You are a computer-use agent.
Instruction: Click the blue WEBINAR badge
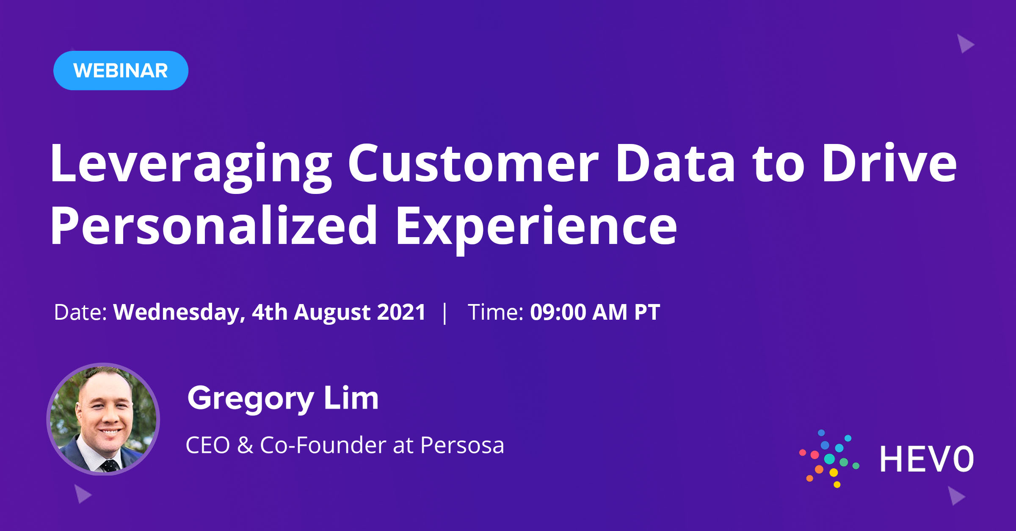point(121,70)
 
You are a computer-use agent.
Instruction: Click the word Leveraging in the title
point(190,164)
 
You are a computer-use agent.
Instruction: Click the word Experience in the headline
point(536,227)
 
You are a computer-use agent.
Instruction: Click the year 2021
point(401,313)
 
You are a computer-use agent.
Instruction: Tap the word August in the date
point(332,313)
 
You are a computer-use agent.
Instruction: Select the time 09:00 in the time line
point(558,313)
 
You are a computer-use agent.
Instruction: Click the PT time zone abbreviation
point(647,313)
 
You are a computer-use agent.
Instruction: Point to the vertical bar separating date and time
point(444,313)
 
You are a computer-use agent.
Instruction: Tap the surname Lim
point(351,399)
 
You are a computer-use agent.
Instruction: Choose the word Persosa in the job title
point(462,445)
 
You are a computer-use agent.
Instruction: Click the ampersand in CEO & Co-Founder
point(245,445)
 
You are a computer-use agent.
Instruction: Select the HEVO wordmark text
point(926,459)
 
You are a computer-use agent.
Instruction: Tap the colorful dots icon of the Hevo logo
point(829,459)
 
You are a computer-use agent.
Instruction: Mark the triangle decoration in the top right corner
point(965,44)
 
